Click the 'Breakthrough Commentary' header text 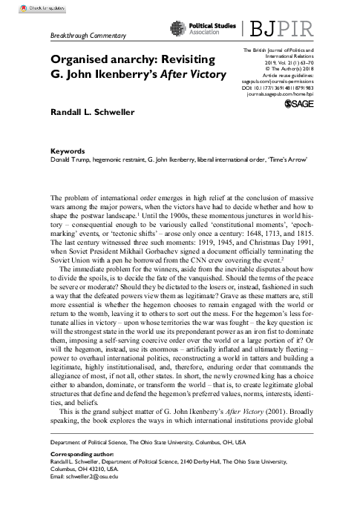point(88,36)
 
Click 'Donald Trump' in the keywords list point(68,158)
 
